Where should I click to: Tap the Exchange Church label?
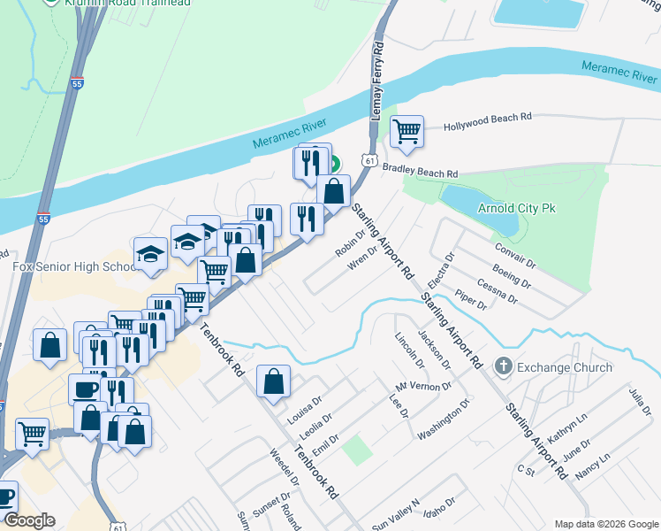click(565, 367)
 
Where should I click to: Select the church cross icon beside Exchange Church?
click(504, 366)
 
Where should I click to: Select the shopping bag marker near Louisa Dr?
click(274, 381)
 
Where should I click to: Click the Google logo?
click(30, 520)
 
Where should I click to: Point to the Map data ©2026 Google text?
click(606, 524)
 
